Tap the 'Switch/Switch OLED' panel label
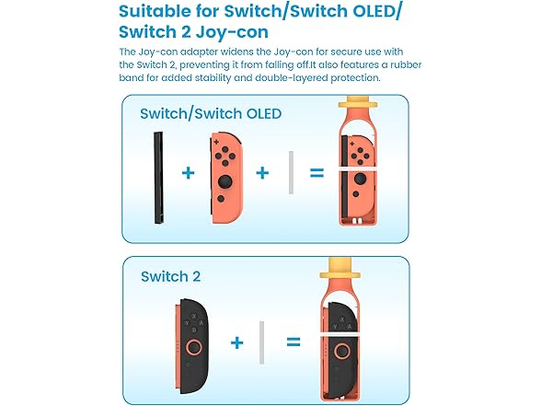(211, 113)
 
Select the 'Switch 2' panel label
(170, 276)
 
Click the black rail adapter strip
(158, 178)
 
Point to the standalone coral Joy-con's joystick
(224, 181)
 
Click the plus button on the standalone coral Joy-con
(216, 142)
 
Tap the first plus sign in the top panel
(188, 173)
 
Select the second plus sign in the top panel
(262, 173)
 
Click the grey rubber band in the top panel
(291, 172)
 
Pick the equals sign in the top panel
(317, 173)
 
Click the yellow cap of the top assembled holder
(358, 102)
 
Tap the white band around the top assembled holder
(357, 169)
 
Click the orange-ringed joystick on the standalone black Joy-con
(194, 348)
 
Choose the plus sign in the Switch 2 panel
(236, 342)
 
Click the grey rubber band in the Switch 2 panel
(262, 342)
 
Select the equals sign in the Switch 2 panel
(294, 342)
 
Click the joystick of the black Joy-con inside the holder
(342, 352)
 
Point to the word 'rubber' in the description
(406, 64)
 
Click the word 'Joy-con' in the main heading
(232, 32)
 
